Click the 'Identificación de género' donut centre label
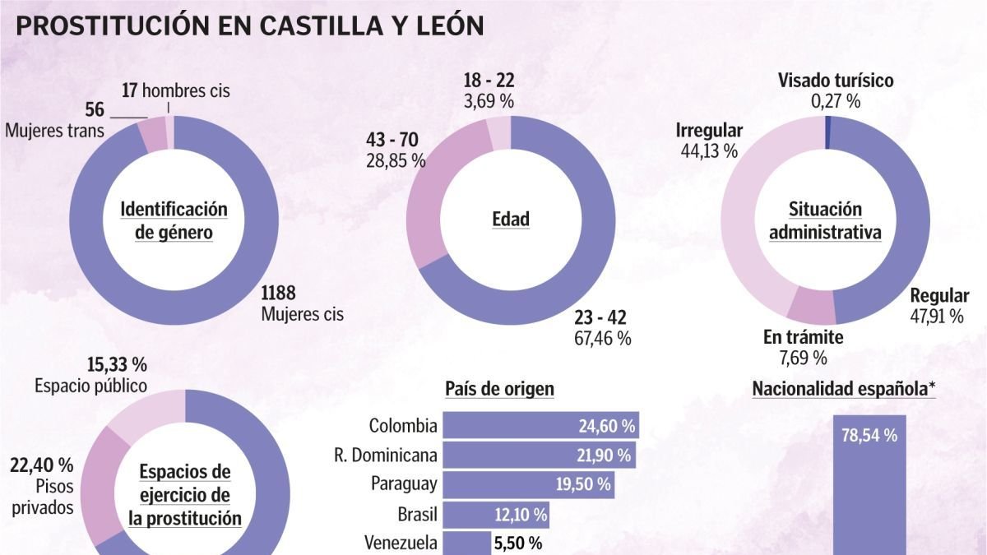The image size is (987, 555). [174, 220]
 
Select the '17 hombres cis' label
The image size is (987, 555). [175, 90]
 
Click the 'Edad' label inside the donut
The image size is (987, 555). [510, 220]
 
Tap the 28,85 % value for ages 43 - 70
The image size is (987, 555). [396, 160]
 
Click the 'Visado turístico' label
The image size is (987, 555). [835, 81]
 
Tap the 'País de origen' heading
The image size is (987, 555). [499, 389]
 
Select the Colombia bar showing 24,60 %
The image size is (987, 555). [540, 426]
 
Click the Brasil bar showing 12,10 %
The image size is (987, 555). [496, 516]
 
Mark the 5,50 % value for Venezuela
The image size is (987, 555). [517, 543]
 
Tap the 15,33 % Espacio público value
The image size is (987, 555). [118, 364]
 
